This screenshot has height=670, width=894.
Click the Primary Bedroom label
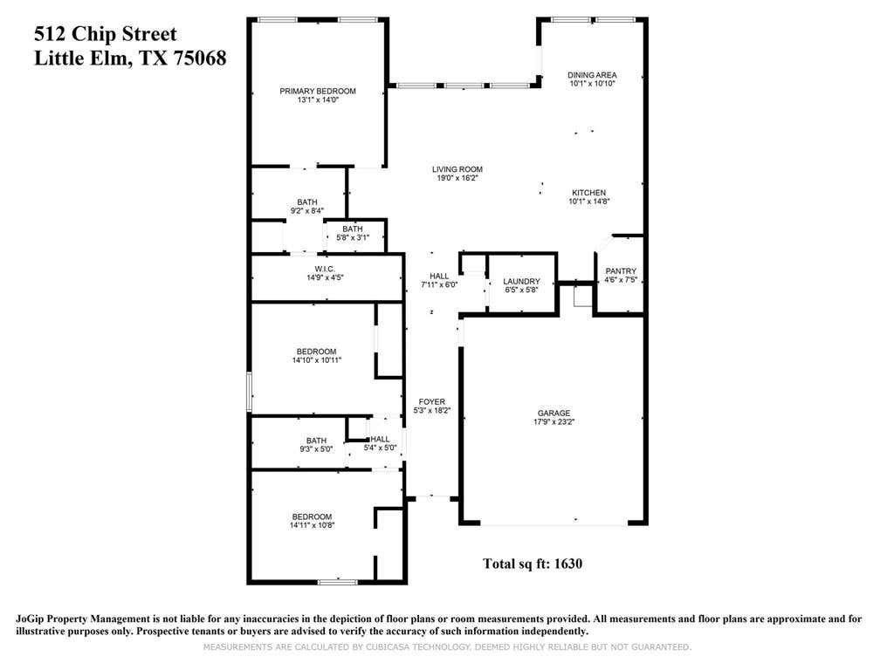[x=318, y=91]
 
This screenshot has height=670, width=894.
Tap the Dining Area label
[x=592, y=75]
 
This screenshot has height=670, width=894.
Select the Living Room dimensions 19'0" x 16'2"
[x=457, y=178]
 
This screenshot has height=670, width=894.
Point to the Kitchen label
[x=589, y=193]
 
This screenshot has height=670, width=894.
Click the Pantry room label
[x=621, y=271]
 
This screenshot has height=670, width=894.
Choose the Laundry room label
[x=521, y=282]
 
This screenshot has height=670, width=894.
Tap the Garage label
[x=554, y=413]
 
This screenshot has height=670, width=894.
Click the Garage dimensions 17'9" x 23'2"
[x=554, y=422]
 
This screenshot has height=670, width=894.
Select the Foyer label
[x=431, y=401]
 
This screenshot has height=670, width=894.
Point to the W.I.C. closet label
[x=325, y=269]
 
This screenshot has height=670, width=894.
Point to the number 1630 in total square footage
[x=567, y=564]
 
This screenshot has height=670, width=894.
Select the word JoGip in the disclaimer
[x=30, y=619]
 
